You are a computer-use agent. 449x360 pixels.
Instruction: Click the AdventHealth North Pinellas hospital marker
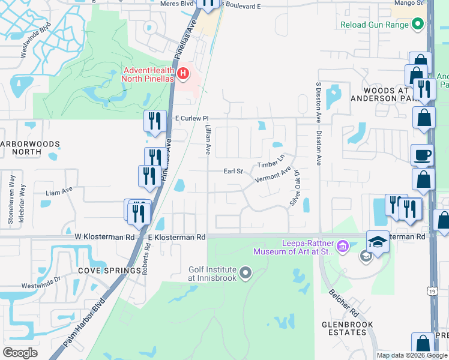[184, 74]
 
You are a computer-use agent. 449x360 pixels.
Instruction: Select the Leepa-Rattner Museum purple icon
[342, 245]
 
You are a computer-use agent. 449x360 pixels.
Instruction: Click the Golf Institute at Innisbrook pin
[245, 274]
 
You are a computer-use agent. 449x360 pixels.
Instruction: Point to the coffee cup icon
[422, 155]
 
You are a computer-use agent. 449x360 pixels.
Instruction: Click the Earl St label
[233, 171]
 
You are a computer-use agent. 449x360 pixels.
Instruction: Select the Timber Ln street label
[270, 161]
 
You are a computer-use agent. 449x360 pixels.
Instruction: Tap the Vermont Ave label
[273, 176]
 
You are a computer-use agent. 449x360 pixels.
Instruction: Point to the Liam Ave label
[59, 191]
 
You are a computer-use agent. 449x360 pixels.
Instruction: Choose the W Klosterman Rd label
[105, 237]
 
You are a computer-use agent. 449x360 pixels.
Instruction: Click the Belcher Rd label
[343, 305]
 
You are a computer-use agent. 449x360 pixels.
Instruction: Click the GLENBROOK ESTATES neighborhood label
[348, 329]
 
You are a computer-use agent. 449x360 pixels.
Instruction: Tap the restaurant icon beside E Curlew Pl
[154, 121]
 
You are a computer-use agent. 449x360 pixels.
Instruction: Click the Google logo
[20, 353]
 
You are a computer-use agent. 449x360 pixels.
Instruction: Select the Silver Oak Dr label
[295, 187]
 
